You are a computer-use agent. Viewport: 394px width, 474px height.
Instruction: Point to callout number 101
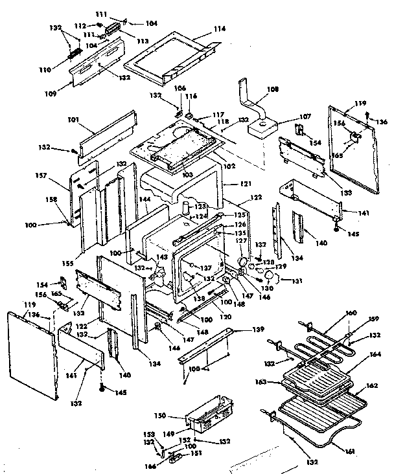[73, 120]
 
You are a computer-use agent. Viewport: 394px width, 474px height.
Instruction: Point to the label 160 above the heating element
[350, 313]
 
